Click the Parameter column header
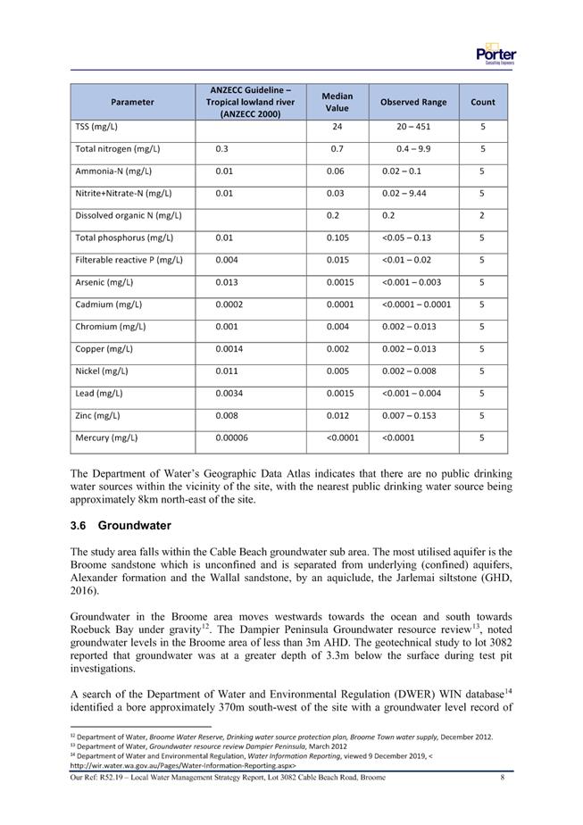[132, 102]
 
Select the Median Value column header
[337, 102]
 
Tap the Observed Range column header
[413, 102]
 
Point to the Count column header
[483, 102]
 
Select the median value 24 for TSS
[337, 127]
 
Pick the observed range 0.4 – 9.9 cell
[414, 149]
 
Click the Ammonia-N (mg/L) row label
[113, 171]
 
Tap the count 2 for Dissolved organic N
[482, 216]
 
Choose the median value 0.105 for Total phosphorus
[337, 238]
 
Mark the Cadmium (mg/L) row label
[108, 304]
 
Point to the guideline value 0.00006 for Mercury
[233, 438]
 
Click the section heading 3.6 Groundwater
[121, 526]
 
